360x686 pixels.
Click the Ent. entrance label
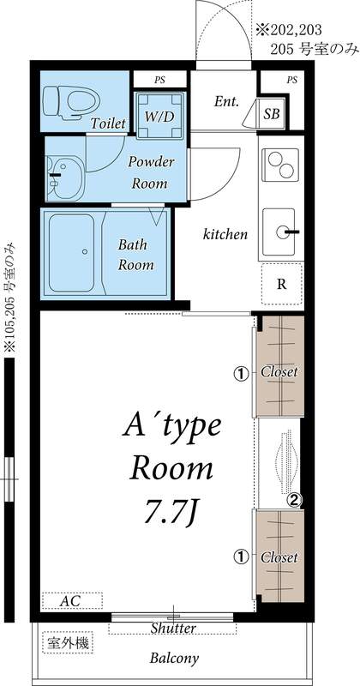point(226,101)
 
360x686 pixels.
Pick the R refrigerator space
point(281,285)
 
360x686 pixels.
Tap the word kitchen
point(225,233)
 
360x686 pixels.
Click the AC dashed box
point(71,601)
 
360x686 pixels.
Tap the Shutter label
point(173,629)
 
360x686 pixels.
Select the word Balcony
point(175,659)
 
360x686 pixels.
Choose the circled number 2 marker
point(293,500)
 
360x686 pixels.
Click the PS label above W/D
point(159,80)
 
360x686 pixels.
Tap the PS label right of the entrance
point(291,80)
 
